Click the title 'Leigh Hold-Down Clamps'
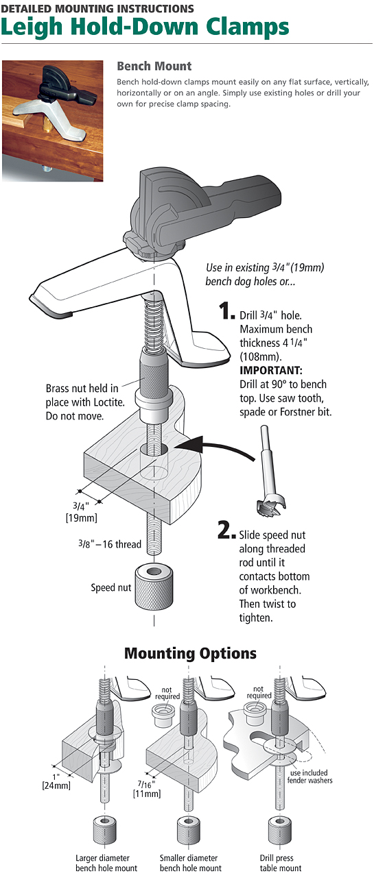click(145, 27)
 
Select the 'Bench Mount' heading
click(154, 66)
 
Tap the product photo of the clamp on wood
click(53, 121)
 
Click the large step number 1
click(226, 310)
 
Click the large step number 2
click(226, 530)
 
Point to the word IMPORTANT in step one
click(271, 371)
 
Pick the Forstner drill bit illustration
click(270, 472)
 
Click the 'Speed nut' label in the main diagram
click(111, 588)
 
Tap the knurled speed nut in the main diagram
click(154, 587)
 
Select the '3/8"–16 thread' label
click(110, 544)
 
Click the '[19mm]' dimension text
click(82, 517)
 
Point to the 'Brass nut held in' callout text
click(82, 389)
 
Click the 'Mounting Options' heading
click(190, 653)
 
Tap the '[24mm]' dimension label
click(56, 785)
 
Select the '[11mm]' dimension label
click(147, 794)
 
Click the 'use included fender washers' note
click(309, 777)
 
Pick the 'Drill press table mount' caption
click(281, 863)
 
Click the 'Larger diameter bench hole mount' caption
click(106, 863)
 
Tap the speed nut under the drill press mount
click(280, 830)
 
